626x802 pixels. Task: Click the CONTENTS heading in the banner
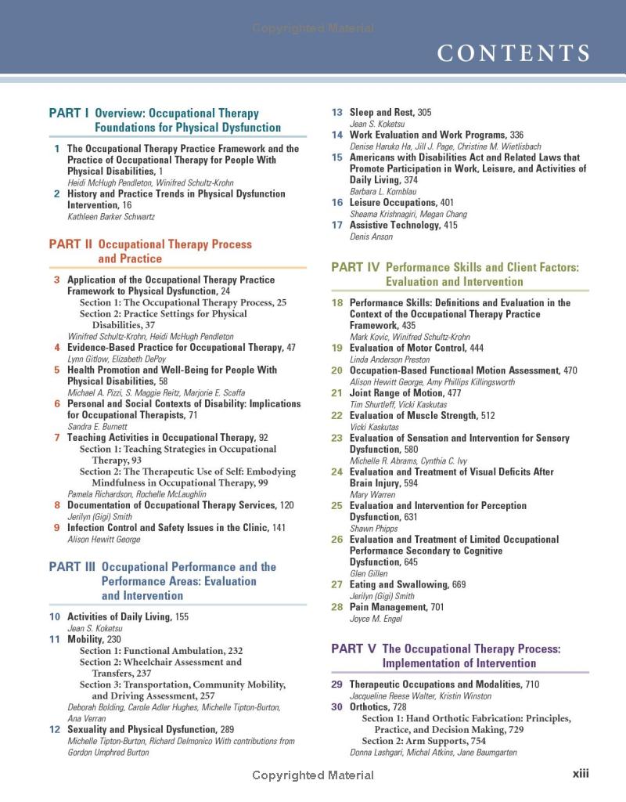click(x=513, y=53)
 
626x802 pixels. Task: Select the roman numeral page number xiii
click(x=580, y=774)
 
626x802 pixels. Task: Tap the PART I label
click(x=68, y=114)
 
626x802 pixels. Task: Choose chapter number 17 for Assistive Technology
click(x=337, y=226)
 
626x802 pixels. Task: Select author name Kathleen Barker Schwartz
click(x=104, y=216)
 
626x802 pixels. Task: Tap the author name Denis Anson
click(x=371, y=237)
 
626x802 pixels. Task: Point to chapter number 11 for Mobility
click(x=55, y=639)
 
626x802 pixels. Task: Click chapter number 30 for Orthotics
click(x=337, y=707)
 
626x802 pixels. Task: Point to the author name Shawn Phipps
click(x=374, y=529)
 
